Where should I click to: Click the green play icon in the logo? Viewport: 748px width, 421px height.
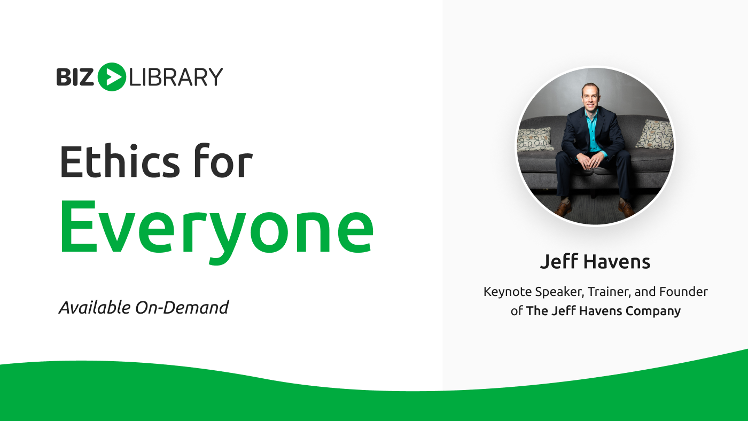point(112,77)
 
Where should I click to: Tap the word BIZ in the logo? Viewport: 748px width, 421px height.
point(75,77)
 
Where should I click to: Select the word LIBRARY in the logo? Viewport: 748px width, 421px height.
point(176,77)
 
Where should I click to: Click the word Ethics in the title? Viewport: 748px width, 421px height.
point(120,161)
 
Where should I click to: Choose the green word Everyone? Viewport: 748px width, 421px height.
point(217,230)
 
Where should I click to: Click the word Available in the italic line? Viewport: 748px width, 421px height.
point(95,308)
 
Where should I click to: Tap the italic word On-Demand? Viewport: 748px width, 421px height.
point(182,308)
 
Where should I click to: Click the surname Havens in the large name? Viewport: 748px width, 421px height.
point(617,262)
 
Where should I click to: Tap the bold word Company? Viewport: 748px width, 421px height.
point(653,311)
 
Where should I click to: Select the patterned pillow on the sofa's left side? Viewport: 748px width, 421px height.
point(535,139)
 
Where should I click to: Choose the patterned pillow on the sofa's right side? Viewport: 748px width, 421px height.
point(655,134)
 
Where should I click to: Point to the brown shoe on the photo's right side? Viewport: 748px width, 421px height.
point(626,209)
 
